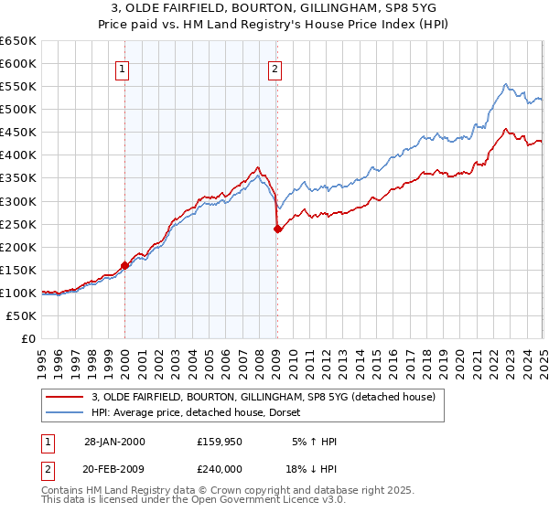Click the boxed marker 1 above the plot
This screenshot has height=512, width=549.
(x=122, y=67)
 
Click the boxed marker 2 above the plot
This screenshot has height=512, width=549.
(x=274, y=67)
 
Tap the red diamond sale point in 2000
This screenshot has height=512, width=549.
(x=125, y=265)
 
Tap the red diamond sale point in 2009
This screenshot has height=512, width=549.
(x=277, y=229)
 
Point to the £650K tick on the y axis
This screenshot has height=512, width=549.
(x=18, y=41)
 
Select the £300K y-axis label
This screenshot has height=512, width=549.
(x=18, y=201)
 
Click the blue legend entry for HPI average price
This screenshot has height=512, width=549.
(x=201, y=412)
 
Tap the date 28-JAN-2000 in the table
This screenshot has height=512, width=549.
(x=114, y=442)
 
